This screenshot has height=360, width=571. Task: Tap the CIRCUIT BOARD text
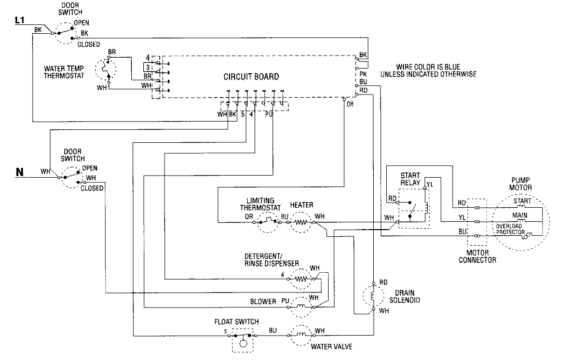pyautogui.click(x=251, y=77)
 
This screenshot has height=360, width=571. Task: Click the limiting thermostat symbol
pyautogui.click(x=268, y=222)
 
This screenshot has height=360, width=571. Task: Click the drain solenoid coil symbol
pyautogui.click(x=373, y=297)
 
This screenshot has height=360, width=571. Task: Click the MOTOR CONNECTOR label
pyautogui.click(x=478, y=256)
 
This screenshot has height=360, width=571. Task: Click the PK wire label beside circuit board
pyautogui.click(x=363, y=74)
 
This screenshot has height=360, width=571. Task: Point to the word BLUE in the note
pyautogui.click(x=441, y=67)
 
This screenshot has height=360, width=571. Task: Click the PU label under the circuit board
pyautogui.click(x=269, y=113)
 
